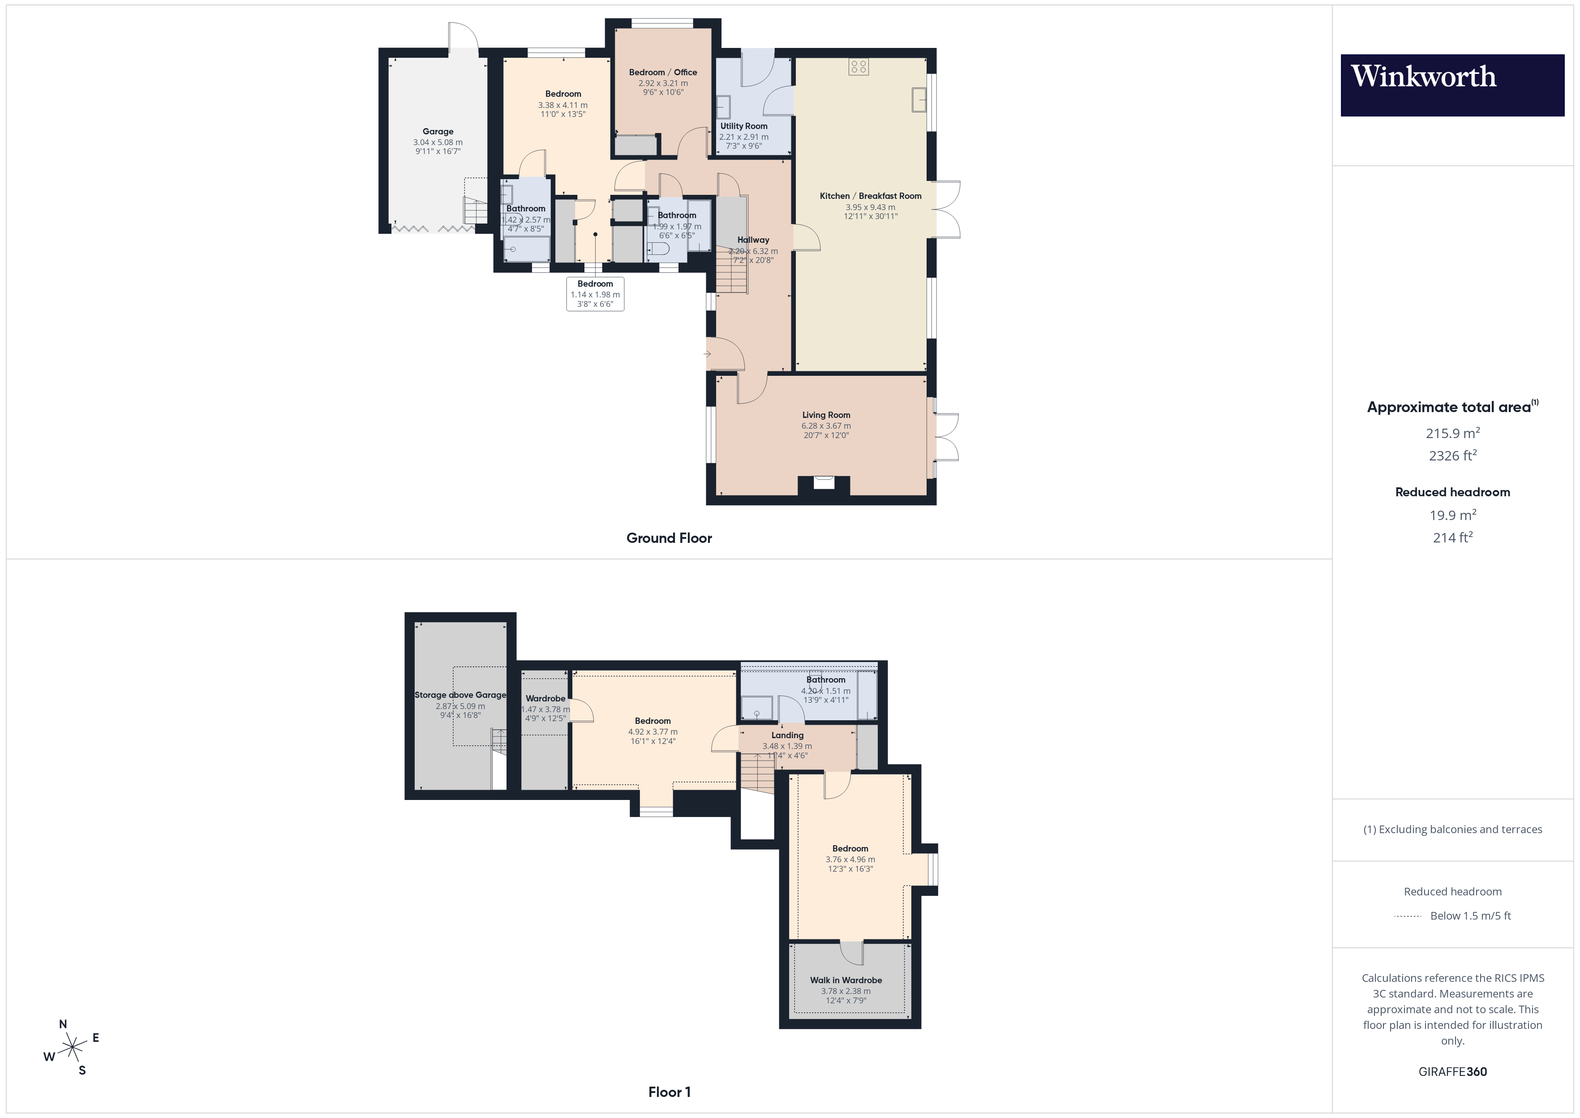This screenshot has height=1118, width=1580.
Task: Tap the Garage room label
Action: click(x=438, y=132)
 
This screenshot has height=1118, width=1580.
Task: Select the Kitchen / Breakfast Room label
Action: click(x=870, y=196)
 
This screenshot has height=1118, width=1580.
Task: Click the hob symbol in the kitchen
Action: click(x=858, y=67)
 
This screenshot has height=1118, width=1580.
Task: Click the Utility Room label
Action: click(x=743, y=126)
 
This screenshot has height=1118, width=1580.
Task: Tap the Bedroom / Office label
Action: click(x=663, y=72)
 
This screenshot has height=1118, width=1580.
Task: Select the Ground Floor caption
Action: click(x=669, y=538)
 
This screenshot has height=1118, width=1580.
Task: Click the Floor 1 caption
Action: click(x=669, y=1092)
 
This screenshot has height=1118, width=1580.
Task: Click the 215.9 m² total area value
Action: click(x=1452, y=433)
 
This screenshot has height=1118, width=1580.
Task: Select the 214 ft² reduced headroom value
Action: click(x=1452, y=537)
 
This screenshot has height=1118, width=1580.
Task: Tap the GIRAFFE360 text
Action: click(x=1452, y=1072)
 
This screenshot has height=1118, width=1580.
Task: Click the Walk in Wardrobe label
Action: click(x=846, y=980)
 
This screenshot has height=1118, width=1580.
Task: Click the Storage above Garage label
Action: click(x=459, y=695)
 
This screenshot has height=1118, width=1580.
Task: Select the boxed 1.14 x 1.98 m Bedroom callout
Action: click(x=595, y=294)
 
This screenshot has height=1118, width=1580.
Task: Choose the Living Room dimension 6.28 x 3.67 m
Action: click(x=826, y=426)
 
